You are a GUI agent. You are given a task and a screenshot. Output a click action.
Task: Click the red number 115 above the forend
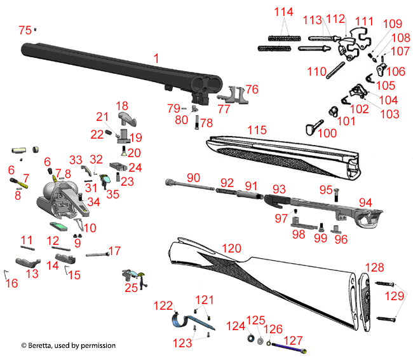[256, 130]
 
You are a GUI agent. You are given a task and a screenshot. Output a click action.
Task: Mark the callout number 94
[365, 202]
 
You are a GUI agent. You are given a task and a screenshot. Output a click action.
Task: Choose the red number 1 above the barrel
[156, 58]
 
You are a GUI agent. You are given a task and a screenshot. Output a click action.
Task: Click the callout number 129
[395, 296]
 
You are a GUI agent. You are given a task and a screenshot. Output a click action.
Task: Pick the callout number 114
[283, 13]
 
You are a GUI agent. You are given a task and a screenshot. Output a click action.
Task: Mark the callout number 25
[131, 288]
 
